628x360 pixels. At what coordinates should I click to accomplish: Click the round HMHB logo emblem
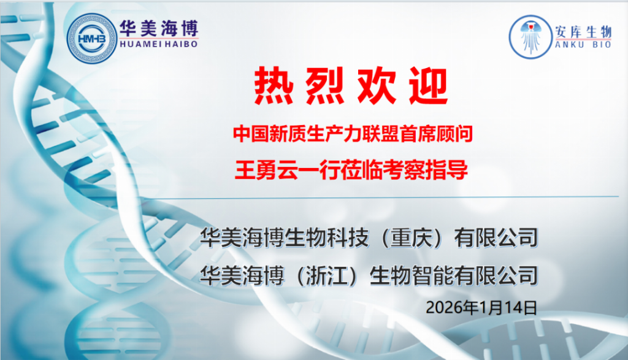pos(91,39)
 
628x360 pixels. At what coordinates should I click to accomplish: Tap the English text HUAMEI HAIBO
pos(159,44)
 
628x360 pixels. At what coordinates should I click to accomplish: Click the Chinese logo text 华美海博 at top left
pos(159,28)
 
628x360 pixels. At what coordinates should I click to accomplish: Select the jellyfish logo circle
pos(530,37)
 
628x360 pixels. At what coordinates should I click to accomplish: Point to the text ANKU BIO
pos(583,44)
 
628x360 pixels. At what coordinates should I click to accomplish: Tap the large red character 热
pos(274,86)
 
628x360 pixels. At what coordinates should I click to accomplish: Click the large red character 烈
pos(325,86)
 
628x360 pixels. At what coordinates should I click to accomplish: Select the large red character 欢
pos(377,86)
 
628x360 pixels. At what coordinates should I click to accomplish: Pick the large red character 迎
pos(427,86)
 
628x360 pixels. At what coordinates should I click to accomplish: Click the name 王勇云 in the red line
pos(266,170)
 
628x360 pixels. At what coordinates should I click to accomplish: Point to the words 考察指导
pos(426,170)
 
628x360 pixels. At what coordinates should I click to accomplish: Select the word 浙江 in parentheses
pos(326,275)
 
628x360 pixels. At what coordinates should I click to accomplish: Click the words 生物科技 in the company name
pos(326,238)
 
